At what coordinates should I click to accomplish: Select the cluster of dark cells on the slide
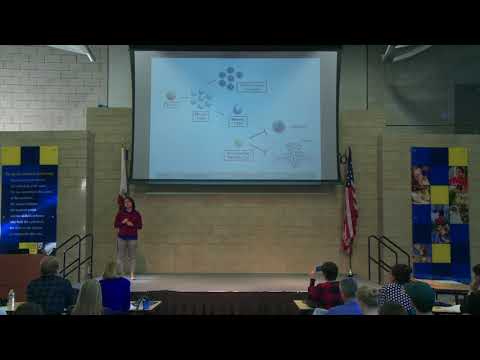point(230,78)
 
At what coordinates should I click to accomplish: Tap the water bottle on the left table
point(11,299)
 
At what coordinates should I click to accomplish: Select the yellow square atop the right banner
point(458,157)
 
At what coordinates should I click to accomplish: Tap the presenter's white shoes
point(127,275)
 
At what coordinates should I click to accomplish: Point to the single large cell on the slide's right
point(278,126)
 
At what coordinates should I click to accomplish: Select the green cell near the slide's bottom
point(238,144)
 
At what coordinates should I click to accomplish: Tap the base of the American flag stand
point(349,273)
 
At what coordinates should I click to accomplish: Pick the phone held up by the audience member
point(317,270)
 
